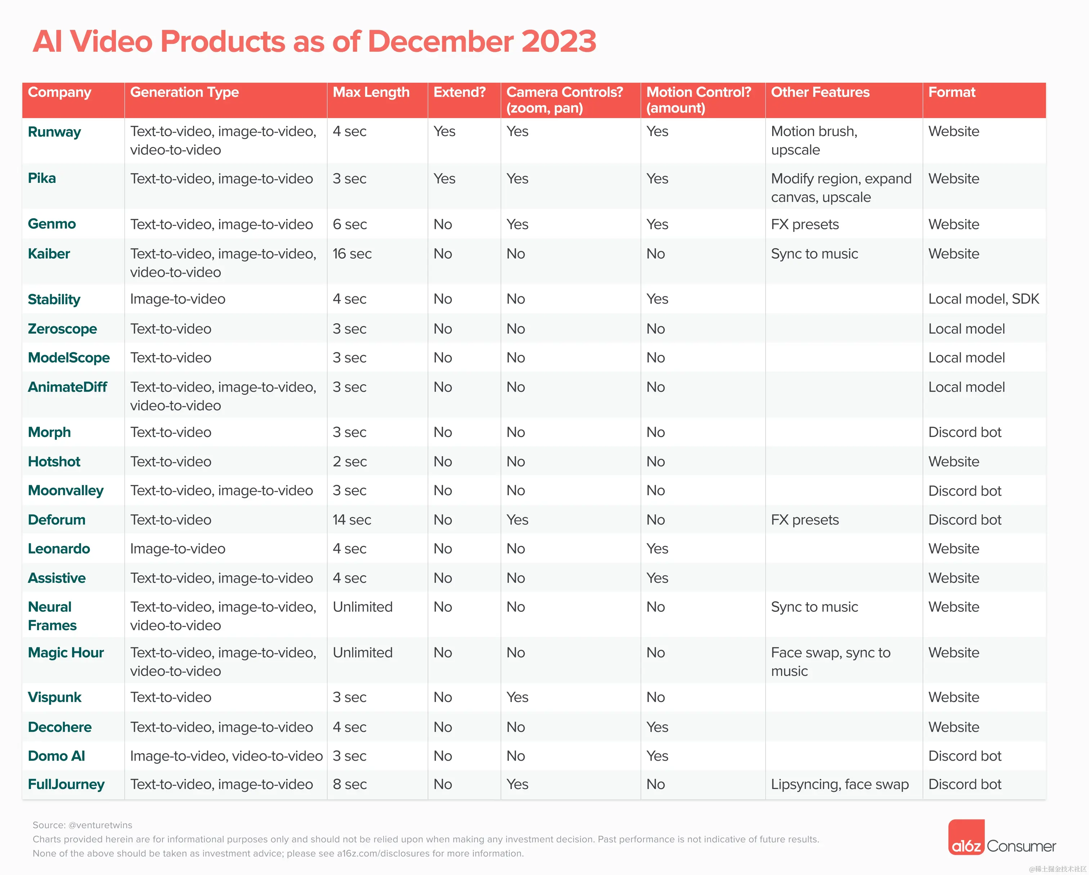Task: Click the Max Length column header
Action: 371,93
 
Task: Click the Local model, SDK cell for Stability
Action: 983,299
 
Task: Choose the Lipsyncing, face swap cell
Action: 839,785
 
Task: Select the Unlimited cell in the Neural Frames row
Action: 362,607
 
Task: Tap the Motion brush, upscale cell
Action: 814,140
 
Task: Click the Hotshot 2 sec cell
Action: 350,461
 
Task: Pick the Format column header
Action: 951,93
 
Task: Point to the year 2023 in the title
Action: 559,41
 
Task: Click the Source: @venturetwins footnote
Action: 82,825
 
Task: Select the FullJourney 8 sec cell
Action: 350,785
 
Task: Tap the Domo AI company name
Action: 56,756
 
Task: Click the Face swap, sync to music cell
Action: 830,662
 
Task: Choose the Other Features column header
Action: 820,93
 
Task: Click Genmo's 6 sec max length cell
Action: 350,225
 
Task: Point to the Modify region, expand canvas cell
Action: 841,188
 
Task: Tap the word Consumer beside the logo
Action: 1021,847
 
